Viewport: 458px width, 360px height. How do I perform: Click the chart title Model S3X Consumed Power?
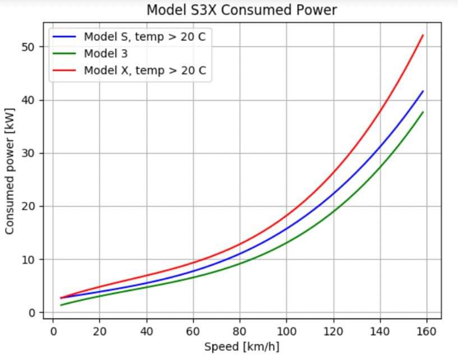(x=242, y=10)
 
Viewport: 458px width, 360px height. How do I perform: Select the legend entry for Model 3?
(x=106, y=54)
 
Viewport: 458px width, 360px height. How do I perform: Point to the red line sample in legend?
(x=64, y=71)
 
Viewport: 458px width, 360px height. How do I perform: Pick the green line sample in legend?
(x=64, y=54)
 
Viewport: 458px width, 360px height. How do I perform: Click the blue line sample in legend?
(x=64, y=38)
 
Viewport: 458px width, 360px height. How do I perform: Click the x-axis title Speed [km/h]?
(x=242, y=347)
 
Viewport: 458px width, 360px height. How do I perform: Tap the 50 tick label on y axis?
(x=29, y=47)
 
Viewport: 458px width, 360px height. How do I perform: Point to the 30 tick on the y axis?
(x=29, y=153)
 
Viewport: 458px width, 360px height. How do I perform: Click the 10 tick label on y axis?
(x=29, y=260)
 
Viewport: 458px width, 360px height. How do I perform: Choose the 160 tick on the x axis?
(x=427, y=330)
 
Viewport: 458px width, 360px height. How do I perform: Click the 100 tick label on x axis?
(x=286, y=330)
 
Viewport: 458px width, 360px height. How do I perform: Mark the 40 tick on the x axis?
(x=146, y=330)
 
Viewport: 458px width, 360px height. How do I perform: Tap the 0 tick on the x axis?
(x=53, y=330)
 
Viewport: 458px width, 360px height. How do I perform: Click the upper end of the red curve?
(x=423, y=35)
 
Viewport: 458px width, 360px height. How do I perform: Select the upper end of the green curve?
(x=423, y=112)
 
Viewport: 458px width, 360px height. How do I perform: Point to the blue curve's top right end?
(x=423, y=91)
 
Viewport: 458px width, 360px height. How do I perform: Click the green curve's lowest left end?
(x=61, y=305)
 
